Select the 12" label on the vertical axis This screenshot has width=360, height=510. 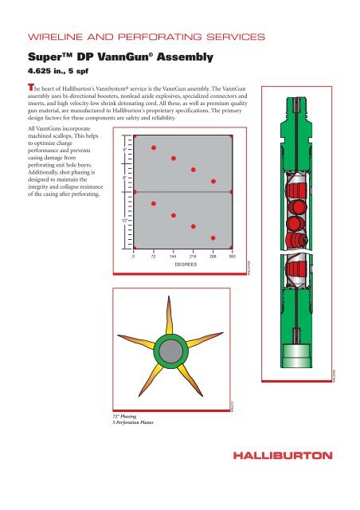coord(126,219)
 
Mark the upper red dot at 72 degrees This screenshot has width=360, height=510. coord(154,147)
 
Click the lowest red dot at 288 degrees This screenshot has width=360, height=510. coord(213,237)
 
